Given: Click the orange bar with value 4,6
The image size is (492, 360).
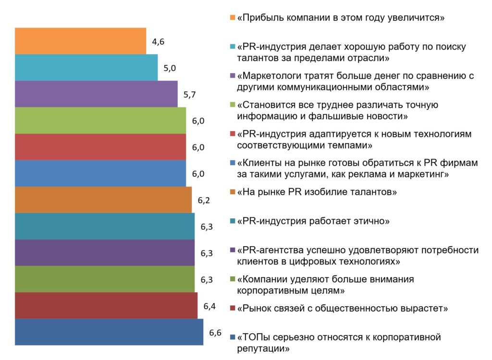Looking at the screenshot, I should pos(80,41).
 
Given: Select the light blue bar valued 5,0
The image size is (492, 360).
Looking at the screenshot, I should pos(86,67).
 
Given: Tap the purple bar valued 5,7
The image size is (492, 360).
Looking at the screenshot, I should pos(96,94).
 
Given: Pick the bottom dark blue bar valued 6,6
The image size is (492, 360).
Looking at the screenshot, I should pos(109,332).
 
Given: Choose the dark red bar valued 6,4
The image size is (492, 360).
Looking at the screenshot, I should pos(106,305).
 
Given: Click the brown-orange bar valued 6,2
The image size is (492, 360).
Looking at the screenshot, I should pos(103,199).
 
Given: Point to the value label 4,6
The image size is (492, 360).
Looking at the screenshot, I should pos(158,41).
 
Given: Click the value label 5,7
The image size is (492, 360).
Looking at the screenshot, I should pos(189,94).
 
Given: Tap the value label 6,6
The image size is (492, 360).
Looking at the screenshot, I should pos(215,332).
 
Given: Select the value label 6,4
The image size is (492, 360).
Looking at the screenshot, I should pos(209,306).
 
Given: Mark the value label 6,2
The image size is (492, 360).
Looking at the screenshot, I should pos(204,200).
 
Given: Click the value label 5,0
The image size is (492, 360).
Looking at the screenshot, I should pos(170,68).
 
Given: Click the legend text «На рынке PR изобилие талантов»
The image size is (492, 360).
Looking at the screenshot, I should pos(317,192).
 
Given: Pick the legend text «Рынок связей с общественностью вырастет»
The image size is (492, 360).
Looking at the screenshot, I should pos(342,308).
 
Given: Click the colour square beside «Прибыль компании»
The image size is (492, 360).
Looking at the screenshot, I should pos(233,18).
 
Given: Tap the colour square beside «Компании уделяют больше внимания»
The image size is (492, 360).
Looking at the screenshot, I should pos(233,279).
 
